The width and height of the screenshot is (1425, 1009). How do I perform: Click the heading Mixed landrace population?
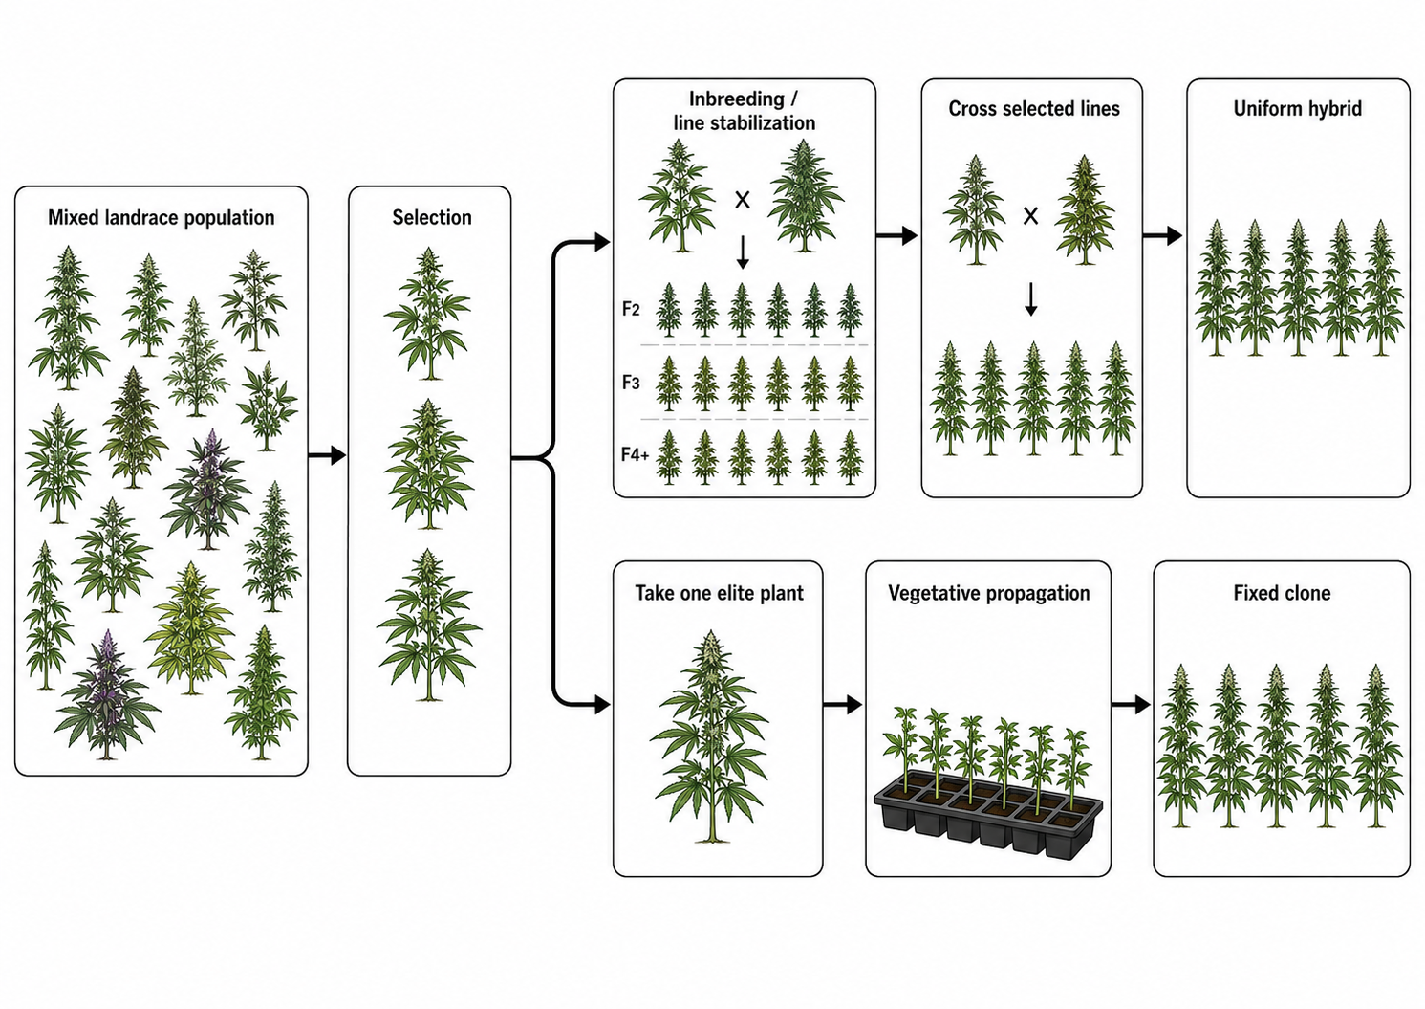pyautogui.click(x=161, y=218)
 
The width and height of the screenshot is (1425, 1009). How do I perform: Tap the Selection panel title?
pyautogui.click(x=432, y=218)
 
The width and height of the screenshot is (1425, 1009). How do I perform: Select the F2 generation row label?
pyautogui.click(x=631, y=309)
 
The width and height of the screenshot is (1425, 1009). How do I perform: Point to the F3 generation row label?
pyautogui.click(x=631, y=383)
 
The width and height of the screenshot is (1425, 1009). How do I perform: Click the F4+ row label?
pyautogui.click(x=635, y=454)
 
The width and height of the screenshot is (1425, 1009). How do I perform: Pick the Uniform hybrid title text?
pyautogui.click(x=1298, y=109)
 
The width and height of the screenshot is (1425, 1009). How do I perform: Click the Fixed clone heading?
pyautogui.click(x=1282, y=593)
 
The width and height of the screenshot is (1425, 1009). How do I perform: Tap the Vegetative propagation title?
pyautogui.click(x=988, y=593)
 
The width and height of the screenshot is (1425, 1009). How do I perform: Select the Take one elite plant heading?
pyautogui.click(x=719, y=593)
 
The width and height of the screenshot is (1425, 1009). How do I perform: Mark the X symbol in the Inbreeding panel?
pyautogui.click(x=743, y=201)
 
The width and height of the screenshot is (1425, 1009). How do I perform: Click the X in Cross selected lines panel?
pyautogui.click(x=1030, y=216)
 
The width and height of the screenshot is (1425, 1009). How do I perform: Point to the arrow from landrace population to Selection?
pyautogui.click(x=327, y=455)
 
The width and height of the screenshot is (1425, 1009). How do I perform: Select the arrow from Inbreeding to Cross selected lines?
pyautogui.click(x=897, y=236)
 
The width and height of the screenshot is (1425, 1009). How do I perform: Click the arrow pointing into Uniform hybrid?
pyautogui.click(x=1162, y=236)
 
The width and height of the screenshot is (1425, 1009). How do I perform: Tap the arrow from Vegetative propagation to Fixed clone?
pyautogui.click(x=1131, y=704)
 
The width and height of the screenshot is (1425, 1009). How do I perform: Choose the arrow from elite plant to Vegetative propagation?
pyautogui.click(x=843, y=704)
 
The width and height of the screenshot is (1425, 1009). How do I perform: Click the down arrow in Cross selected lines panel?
pyautogui.click(x=1031, y=299)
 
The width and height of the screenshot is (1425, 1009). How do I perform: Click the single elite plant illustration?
pyautogui.click(x=710, y=736)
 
